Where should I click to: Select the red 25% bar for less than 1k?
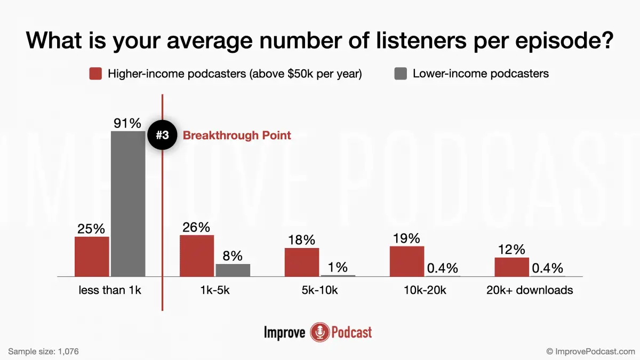tap(92, 257)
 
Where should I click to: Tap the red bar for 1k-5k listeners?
tap(197, 255)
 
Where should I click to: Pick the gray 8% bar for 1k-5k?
tap(233, 270)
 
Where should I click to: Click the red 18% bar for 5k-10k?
tap(302, 262)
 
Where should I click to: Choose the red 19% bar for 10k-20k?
tap(407, 261)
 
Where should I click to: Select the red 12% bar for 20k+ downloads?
tap(511, 267)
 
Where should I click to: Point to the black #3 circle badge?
tap(162, 135)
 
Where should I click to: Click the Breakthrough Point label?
tap(237, 135)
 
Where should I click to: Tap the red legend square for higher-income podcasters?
tap(95, 74)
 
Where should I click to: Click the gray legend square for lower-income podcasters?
tap(401, 74)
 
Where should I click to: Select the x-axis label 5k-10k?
tap(320, 291)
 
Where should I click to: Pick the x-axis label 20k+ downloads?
tap(530, 291)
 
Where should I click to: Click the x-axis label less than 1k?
tap(110, 291)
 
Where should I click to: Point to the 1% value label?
tap(338, 267)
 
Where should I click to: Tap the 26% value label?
tap(196, 227)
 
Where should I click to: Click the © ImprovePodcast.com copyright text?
tap(590, 351)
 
